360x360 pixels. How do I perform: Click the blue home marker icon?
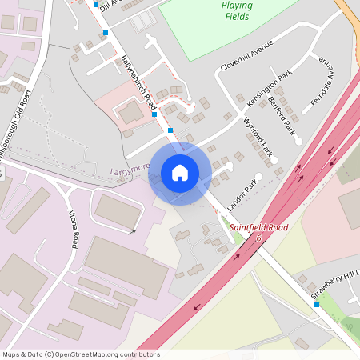180,173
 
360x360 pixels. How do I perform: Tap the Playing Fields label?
236,10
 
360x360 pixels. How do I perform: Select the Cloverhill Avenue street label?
249,54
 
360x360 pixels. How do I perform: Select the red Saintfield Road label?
258,228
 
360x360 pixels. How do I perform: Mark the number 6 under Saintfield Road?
258,238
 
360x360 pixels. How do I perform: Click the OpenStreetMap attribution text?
81,354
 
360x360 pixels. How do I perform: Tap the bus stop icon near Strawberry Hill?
316,304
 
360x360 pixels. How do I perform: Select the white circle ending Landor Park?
258,177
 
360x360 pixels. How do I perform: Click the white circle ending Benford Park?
298,142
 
